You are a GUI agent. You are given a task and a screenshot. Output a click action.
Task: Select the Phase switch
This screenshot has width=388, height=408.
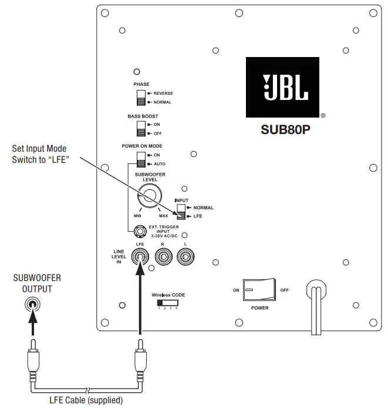coord(141,98)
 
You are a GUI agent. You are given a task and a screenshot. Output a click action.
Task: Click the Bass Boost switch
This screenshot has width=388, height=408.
coord(141,129)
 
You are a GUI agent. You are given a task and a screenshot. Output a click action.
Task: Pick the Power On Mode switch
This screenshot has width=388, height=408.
coord(141,159)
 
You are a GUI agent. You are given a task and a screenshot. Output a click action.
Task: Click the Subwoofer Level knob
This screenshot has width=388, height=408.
coord(149,196)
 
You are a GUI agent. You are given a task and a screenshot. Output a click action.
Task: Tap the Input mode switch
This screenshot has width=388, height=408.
coord(180,212)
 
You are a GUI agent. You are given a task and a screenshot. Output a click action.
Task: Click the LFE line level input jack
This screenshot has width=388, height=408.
coord(140,256)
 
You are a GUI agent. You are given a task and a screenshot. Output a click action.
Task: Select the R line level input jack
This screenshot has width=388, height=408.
coord(163,256)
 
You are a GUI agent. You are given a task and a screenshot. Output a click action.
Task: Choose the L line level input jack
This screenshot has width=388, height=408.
coord(185,256)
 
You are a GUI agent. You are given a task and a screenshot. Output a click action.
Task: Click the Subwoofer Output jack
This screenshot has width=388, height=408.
coord(33,305)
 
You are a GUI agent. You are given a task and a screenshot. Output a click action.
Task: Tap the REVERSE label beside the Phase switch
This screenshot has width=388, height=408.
coord(163,93)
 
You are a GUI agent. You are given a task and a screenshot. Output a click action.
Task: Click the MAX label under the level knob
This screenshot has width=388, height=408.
coord(163,216)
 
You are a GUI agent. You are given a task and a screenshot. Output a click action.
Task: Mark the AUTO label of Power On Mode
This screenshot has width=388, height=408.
coord(160,163)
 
